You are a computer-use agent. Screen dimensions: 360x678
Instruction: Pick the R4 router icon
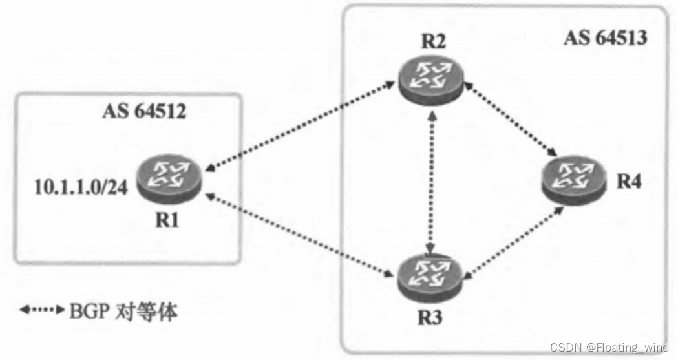pos(574,175)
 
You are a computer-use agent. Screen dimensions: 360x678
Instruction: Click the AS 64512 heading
pos(144,111)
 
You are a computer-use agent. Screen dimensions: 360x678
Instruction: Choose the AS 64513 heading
pos(605,37)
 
